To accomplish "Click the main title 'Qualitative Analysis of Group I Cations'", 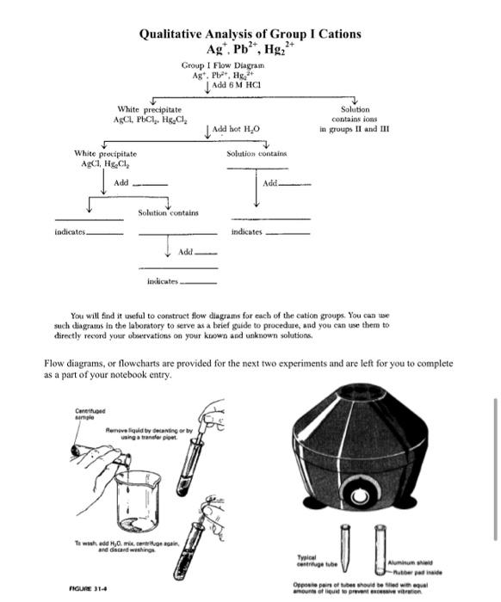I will coord(251,34).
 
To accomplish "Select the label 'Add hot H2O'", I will coord(233,129).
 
